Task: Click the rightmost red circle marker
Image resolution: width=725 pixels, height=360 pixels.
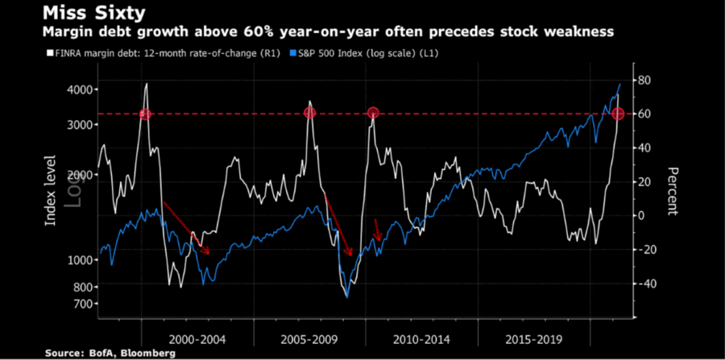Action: click(618, 114)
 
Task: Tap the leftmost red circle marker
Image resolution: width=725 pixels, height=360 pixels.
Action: click(145, 114)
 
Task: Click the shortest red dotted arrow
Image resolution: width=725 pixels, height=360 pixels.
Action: click(377, 230)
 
